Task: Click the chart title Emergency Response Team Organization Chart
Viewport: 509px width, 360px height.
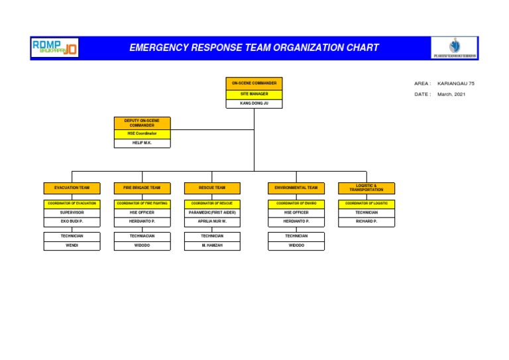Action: tap(254, 48)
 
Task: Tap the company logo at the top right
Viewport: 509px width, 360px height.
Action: tap(455, 48)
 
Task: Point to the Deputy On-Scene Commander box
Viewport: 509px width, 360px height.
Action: tap(142, 123)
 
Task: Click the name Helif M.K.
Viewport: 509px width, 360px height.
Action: tap(142, 143)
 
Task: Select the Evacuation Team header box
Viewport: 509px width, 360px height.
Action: tap(72, 188)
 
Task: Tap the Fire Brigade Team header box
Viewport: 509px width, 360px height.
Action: tap(142, 188)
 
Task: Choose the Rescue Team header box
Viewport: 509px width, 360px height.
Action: tap(212, 188)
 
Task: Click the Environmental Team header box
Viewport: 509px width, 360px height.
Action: tap(296, 188)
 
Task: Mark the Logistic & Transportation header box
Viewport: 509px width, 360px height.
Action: tap(366, 188)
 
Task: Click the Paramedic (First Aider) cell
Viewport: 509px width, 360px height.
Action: tap(212, 212)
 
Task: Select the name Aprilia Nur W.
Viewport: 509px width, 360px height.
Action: tap(212, 221)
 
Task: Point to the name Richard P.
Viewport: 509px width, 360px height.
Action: tap(366, 221)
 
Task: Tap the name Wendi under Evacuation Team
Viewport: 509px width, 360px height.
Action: tap(72, 245)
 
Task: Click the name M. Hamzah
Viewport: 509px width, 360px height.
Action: tap(212, 245)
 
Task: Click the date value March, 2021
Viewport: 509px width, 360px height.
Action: tap(451, 94)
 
